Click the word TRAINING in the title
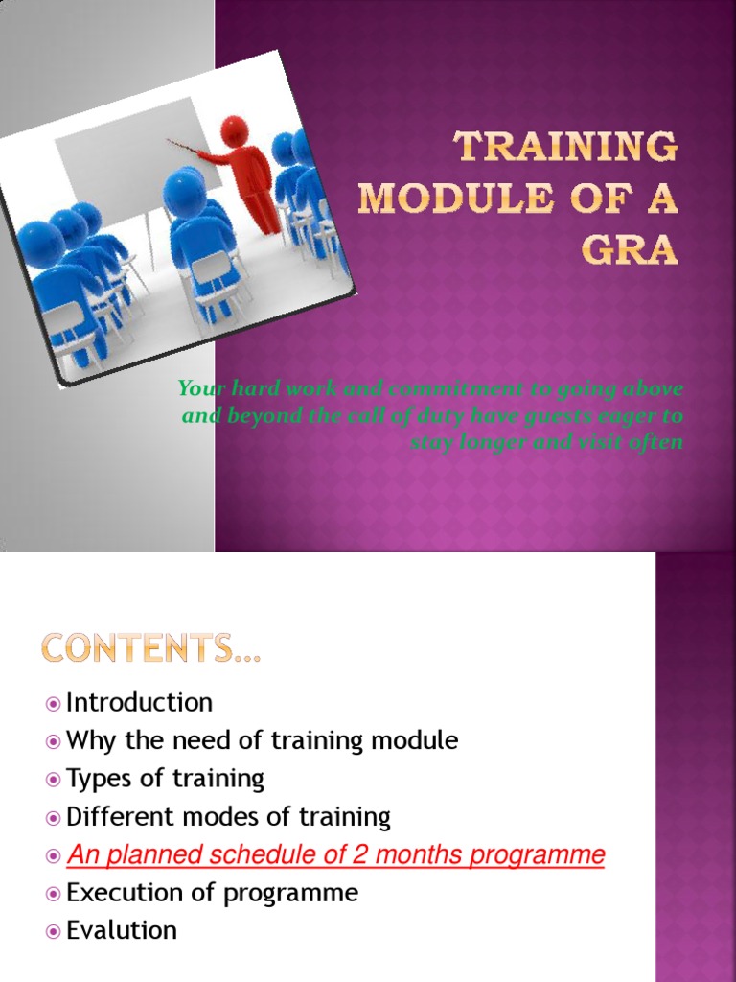click(565, 149)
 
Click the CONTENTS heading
click(151, 650)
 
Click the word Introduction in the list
click(139, 703)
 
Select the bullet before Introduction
click(53, 704)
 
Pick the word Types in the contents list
click(98, 779)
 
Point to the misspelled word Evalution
click(122, 930)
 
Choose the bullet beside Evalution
click(53, 931)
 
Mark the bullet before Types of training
click(53, 780)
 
